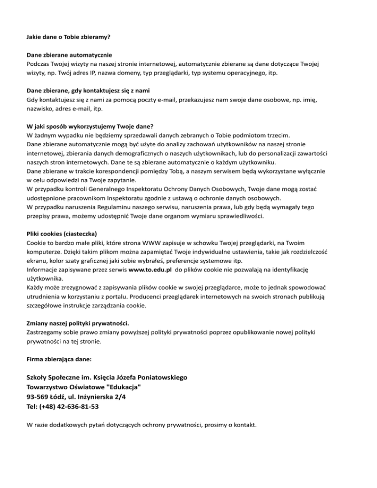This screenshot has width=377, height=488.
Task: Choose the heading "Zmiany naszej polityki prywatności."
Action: click(77, 323)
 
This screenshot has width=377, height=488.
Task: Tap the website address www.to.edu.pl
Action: click(150, 270)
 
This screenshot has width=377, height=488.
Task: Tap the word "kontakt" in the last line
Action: click(244, 425)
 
